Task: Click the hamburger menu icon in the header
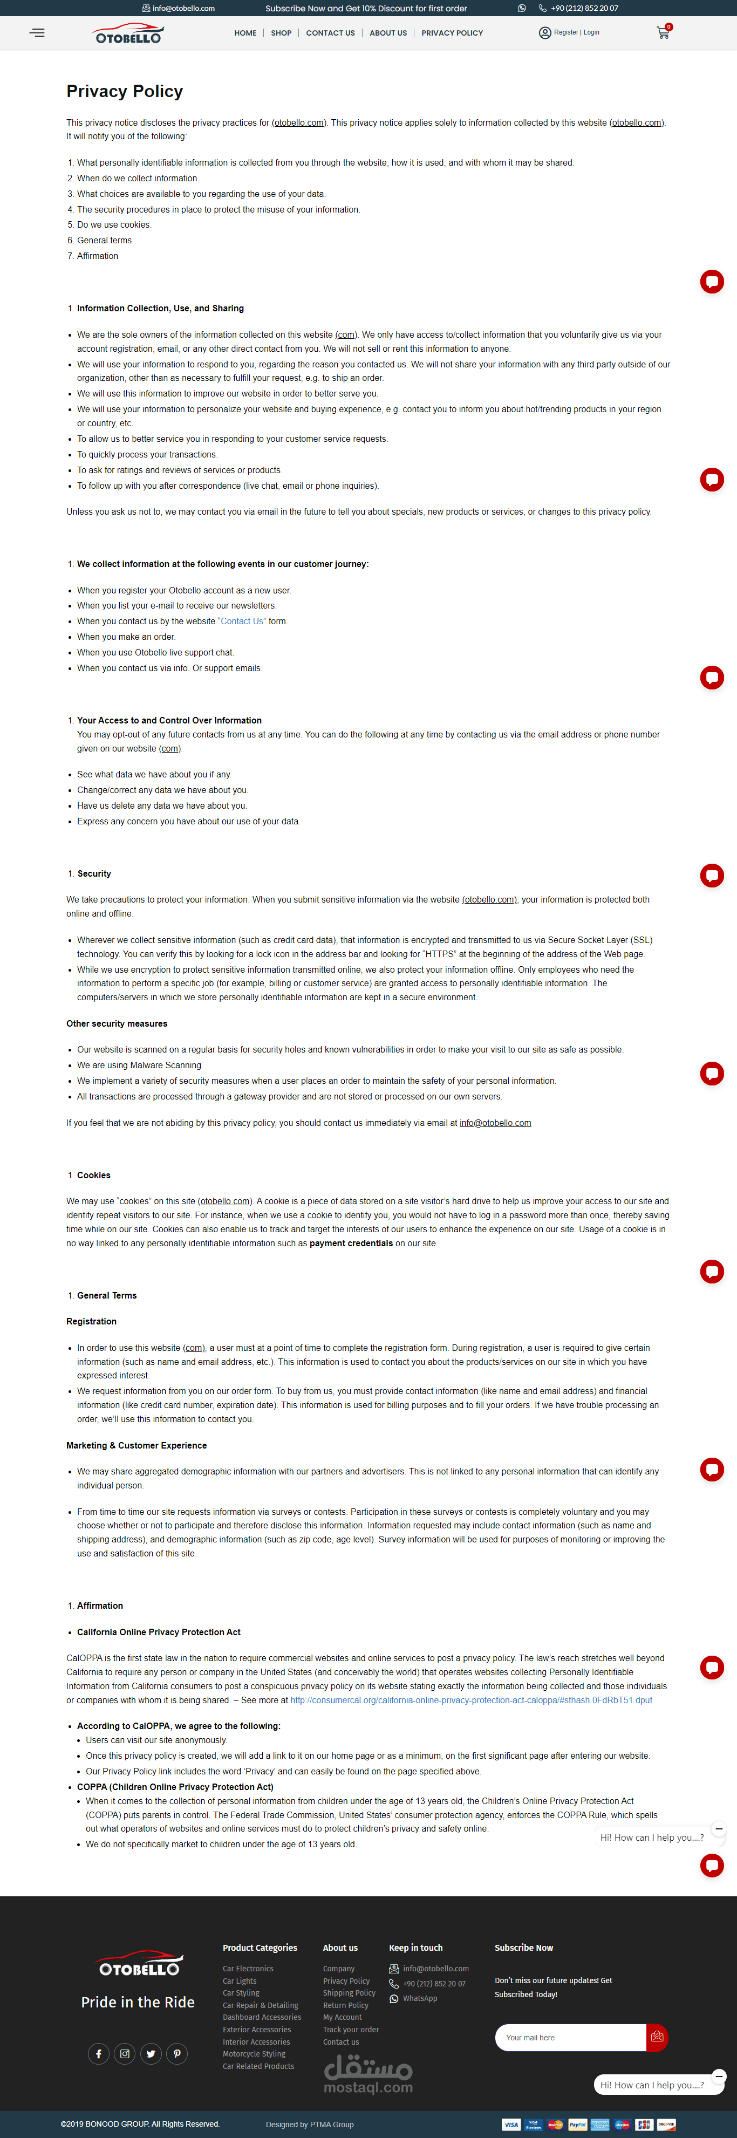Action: pyautogui.click(x=37, y=33)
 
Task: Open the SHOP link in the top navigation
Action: pyautogui.click(x=281, y=33)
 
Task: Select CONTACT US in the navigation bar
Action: pyautogui.click(x=330, y=33)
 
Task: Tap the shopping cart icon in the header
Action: pyautogui.click(x=663, y=33)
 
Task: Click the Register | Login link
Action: pyautogui.click(x=576, y=32)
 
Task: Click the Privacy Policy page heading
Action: pyautogui.click(x=125, y=91)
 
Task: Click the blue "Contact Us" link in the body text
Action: pyautogui.click(x=242, y=621)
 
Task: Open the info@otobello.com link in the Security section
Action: pyautogui.click(x=495, y=1123)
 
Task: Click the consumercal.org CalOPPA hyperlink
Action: pyautogui.click(x=470, y=1700)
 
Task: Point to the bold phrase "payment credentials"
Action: pyautogui.click(x=351, y=1244)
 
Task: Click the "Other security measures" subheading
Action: pyautogui.click(x=117, y=1023)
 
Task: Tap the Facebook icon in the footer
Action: pyautogui.click(x=98, y=2053)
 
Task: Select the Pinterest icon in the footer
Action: pyautogui.click(x=177, y=2053)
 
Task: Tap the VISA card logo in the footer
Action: pyautogui.click(x=510, y=2124)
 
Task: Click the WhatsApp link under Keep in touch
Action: pyautogui.click(x=419, y=1999)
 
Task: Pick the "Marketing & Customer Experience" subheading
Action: pyautogui.click(x=136, y=1445)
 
